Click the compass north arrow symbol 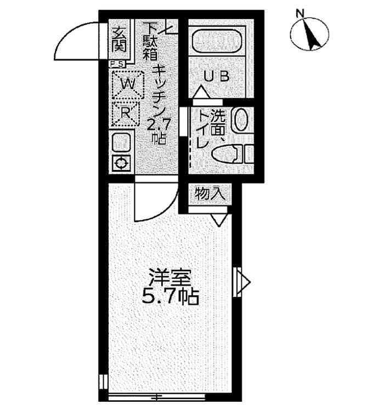coord(309,34)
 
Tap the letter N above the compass coord(300,13)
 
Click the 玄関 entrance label coord(120,40)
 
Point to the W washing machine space coord(128,85)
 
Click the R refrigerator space coord(126,114)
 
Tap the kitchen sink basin coord(121,143)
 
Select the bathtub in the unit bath coord(217,41)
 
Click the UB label coord(217,76)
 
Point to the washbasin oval coord(240,120)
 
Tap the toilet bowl coord(227,154)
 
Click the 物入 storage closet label coord(210,194)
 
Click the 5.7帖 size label coord(170,297)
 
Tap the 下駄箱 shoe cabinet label coord(150,42)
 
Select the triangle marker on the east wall coord(243,282)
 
